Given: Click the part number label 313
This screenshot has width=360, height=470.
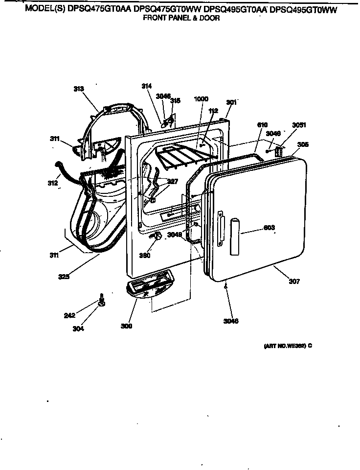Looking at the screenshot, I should coord(79,89).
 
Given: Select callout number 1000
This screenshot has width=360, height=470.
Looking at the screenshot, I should coord(201,99).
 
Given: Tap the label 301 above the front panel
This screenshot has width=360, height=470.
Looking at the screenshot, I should coord(231,102).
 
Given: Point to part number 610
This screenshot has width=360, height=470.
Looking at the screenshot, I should coord(262,125).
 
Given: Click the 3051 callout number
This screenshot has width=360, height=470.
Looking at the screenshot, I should coord(299,125).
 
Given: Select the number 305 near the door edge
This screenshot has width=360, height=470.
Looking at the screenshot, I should coord(303,144).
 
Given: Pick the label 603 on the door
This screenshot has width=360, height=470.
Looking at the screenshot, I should coord(269,228).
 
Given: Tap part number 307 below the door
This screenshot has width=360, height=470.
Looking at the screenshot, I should coord(294,282).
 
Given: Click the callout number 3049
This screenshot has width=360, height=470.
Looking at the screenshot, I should coord(174,235).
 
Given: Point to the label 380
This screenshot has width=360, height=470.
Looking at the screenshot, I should coord(145,255).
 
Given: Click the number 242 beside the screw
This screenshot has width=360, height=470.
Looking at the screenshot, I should coord(69,315).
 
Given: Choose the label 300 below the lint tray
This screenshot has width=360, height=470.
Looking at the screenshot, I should coord(127,326).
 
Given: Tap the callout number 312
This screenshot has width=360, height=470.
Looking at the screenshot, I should coord(53,183).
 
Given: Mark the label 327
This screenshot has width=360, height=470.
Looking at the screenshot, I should coord(172,181).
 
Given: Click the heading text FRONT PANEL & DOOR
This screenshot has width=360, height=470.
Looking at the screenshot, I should coord(181,18).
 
